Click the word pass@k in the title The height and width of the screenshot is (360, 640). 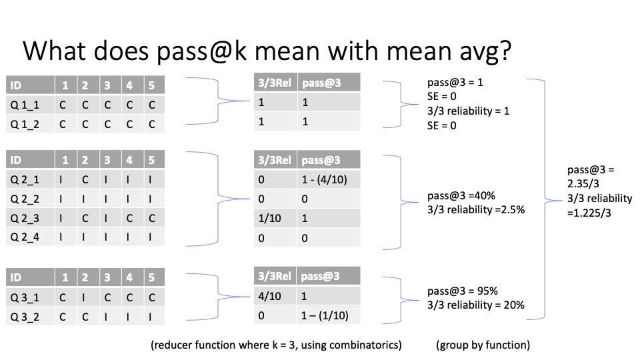(x=201, y=52)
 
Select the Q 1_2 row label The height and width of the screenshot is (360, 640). (x=25, y=124)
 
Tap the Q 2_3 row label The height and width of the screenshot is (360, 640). (x=25, y=218)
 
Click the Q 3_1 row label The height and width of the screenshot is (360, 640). (x=25, y=297)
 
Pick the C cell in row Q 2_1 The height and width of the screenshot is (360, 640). (x=85, y=179)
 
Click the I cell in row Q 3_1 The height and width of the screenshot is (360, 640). (x=84, y=297)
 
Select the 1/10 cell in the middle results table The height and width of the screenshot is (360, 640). (x=269, y=219)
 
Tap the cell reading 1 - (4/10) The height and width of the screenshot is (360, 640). (x=325, y=179)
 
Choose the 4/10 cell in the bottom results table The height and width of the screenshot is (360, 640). (x=269, y=296)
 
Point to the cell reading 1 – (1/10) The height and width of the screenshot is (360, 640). (x=325, y=315)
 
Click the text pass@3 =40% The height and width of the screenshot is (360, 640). (x=461, y=196)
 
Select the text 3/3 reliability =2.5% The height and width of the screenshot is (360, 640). (x=476, y=210)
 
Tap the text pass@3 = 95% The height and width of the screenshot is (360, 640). (x=463, y=291)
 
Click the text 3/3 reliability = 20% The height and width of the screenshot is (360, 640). (x=476, y=305)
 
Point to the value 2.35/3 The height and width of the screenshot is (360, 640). (x=583, y=184)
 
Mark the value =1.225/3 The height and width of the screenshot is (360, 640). (x=589, y=213)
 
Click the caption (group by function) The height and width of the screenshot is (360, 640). (x=483, y=345)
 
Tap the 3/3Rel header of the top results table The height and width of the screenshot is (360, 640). (x=275, y=83)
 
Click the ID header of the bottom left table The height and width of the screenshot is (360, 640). (x=15, y=277)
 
